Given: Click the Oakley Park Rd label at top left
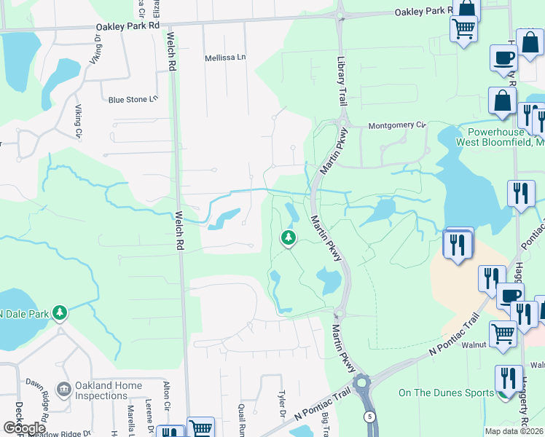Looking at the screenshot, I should (x=128, y=25).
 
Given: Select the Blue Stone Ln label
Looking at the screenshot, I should (x=133, y=100).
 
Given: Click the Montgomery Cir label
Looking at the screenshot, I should (x=396, y=125).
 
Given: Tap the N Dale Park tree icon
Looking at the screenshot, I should (x=60, y=313).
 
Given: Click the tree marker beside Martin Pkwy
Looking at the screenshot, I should (x=289, y=237).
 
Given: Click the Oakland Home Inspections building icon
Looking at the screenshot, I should (x=64, y=387).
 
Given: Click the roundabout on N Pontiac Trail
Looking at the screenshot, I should (x=362, y=382).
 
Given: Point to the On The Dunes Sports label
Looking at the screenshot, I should (x=446, y=393).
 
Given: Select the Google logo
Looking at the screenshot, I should (x=24, y=428).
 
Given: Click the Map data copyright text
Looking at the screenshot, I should (x=514, y=431).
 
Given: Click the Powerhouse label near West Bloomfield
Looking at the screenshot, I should (x=495, y=132).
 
